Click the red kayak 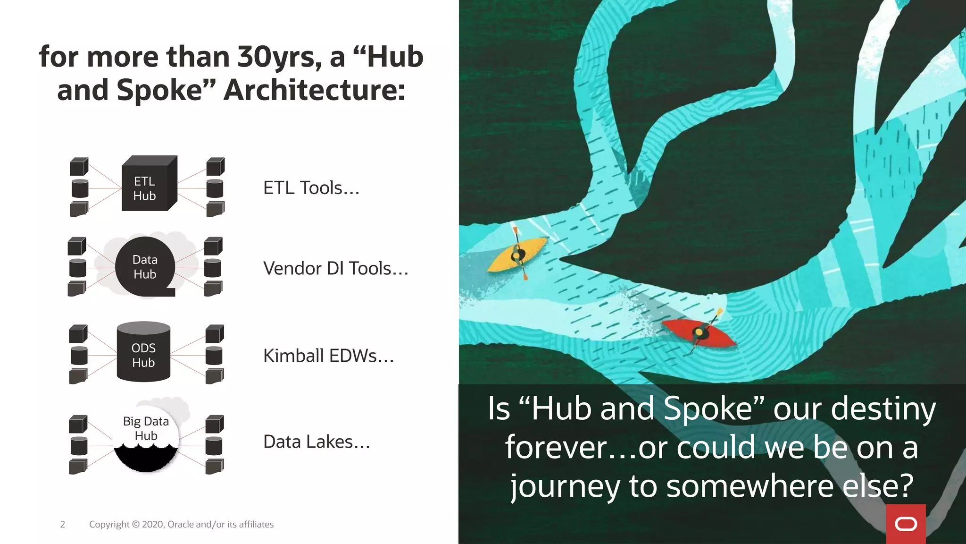[700, 333]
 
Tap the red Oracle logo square [906, 524]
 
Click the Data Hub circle [145, 267]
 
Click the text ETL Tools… [311, 188]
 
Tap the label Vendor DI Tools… [335, 268]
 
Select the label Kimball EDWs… [328, 356]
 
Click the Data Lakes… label [316, 442]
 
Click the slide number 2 [62, 524]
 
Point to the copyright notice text [181, 524]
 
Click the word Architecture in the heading [314, 90]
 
